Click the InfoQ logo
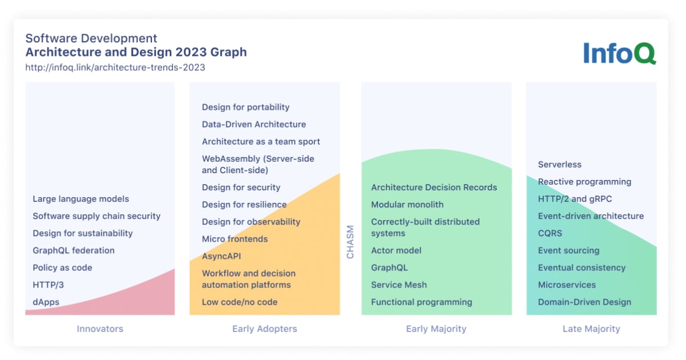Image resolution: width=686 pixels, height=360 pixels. pyautogui.click(x=619, y=53)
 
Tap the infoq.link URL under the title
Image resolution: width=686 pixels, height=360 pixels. pyautogui.click(x=115, y=67)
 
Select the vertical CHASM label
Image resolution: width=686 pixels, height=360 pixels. pyautogui.click(x=350, y=242)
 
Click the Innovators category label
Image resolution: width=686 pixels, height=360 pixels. pyautogui.click(x=100, y=329)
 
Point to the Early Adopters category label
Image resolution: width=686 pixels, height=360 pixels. pyautogui.click(x=265, y=329)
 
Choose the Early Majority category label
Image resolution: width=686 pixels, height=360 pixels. pyautogui.click(x=436, y=329)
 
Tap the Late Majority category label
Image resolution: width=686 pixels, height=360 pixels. pyautogui.click(x=592, y=329)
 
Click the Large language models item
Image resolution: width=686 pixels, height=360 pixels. pyautogui.click(x=81, y=199)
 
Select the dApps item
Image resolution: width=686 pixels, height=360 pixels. pyautogui.click(x=46, y=302)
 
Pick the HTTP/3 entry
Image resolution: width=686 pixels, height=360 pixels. pyautogui.click(x=48, y=285)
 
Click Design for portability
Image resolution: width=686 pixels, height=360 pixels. pyautogui.click(x=245, y=107)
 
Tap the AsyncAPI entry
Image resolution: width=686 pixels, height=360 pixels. pyautogui.click(x=221, y=256)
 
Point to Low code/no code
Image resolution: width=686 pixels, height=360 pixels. pyautogui.click(x=240, y=302)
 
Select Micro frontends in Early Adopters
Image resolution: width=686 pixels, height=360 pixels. pyautogui.click(x=234, y=239)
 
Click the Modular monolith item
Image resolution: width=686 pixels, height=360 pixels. pyautogui.click(x=407, y=205)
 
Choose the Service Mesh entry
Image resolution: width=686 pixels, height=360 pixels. pyautogui.click(x=398, y=285)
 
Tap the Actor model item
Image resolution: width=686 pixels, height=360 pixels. pyautogui.click(x=396, y=250)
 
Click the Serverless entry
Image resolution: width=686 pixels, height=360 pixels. pyautogui.click(x=560, y=165)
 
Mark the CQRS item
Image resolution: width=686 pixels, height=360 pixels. pyautogui.click(x=550, y=233)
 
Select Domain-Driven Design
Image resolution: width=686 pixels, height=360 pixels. pyautogui.click(x=584, y=302)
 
